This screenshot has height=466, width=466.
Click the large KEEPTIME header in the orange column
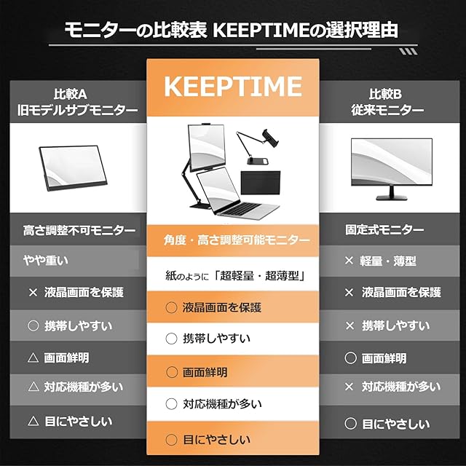coord(233,86)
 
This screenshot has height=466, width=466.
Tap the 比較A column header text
coord(71,94)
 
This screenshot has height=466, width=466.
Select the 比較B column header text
coord(385,94)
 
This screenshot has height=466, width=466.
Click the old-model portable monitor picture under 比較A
coord(73,167)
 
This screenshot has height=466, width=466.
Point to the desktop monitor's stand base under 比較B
coord(391,197)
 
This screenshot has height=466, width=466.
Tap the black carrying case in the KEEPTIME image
coord(261,183)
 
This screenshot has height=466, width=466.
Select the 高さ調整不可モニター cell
coord(79,230)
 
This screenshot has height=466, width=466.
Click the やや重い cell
coord(46,261)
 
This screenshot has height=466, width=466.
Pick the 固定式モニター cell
coord(384,230)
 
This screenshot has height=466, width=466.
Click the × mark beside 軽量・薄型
coord(349,261)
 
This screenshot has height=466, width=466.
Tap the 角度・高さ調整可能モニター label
coord(237,240)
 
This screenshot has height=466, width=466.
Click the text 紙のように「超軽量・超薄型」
coord(236,276)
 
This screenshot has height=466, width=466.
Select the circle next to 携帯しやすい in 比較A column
coord(33,325)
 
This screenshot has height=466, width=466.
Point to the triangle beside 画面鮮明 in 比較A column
coord(33,358)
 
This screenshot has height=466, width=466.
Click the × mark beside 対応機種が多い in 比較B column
coord(349,387)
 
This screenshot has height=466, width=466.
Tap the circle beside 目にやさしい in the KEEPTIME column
coord(172,440)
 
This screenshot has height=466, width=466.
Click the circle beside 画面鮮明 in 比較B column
coord(351,358)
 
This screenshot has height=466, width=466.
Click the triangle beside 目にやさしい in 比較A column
coord(33,421)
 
